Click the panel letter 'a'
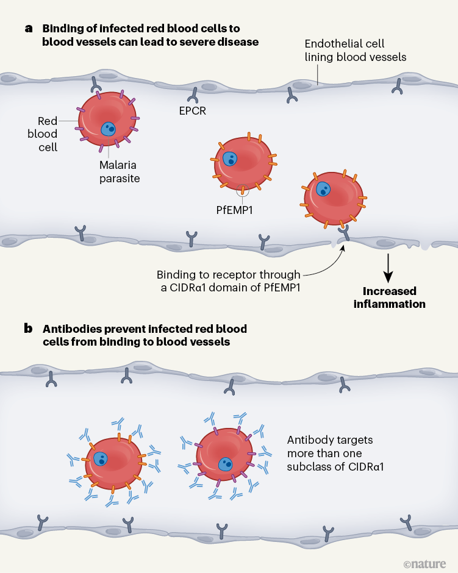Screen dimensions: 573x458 [x=29, y=29]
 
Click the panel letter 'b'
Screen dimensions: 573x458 [x=29, y=329]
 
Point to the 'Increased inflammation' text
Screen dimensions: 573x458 [x=389, y=297]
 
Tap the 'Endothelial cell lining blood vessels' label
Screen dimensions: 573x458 [x=356, y=51]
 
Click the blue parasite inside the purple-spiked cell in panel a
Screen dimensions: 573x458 [x=109, y=129]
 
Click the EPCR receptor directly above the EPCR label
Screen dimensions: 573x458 [x=195, y=94]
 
